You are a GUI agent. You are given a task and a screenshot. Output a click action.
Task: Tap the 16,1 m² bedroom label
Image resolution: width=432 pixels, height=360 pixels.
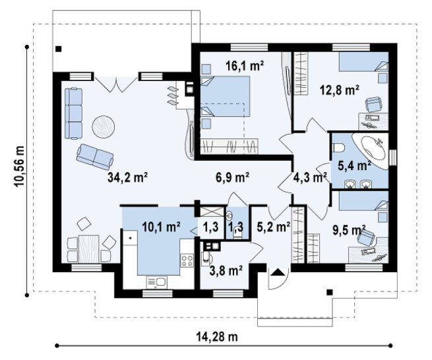245,65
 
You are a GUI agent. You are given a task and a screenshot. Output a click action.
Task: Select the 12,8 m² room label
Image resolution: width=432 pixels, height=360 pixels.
340,90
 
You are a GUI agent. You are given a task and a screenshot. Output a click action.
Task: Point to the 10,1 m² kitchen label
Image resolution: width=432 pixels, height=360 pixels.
161,227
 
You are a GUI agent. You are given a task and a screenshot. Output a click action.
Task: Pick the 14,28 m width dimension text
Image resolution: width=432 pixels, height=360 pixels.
217,336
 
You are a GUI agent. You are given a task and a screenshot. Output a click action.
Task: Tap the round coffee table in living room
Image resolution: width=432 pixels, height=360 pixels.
104,127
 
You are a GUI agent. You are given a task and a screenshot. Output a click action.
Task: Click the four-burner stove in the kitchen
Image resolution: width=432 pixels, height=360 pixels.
187,260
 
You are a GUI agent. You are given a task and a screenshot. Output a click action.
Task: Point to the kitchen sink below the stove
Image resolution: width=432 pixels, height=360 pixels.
156,282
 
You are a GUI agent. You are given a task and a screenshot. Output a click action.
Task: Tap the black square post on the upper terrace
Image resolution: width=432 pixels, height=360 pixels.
59,49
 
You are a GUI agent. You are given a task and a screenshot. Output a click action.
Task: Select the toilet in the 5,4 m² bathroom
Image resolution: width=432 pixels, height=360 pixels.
338,148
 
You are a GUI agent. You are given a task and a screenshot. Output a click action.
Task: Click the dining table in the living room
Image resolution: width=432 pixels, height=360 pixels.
89,249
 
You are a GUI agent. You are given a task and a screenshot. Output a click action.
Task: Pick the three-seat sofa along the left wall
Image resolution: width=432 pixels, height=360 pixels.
74,113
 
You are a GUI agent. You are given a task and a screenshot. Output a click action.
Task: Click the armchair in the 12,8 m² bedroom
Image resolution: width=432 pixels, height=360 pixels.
373,104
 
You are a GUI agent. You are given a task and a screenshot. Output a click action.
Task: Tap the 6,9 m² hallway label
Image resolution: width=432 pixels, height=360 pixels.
232,177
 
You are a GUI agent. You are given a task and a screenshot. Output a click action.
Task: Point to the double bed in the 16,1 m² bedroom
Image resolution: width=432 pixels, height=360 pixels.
225,96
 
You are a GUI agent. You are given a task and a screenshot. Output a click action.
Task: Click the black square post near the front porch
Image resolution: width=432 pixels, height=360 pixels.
329,292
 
